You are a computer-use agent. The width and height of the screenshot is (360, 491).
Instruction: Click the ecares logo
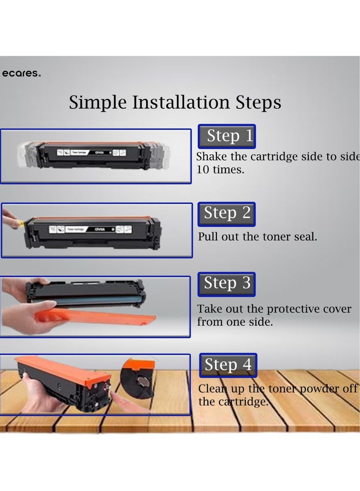click(21, 74)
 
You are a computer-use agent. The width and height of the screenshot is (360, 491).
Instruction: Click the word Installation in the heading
click(182, 103)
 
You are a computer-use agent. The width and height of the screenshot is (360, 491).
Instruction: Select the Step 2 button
click(227, 214)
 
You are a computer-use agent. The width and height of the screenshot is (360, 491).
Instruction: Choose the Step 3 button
click(227, 284)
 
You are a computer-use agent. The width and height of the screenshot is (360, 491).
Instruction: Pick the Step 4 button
click(228, 365)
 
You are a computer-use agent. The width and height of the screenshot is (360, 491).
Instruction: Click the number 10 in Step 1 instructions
click(202, 171)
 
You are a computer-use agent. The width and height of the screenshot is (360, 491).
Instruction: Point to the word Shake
click(211, 157)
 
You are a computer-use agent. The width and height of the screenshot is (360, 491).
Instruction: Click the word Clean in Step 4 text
click(213, 389)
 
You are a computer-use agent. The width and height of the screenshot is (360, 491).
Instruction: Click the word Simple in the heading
click(98, 103)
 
